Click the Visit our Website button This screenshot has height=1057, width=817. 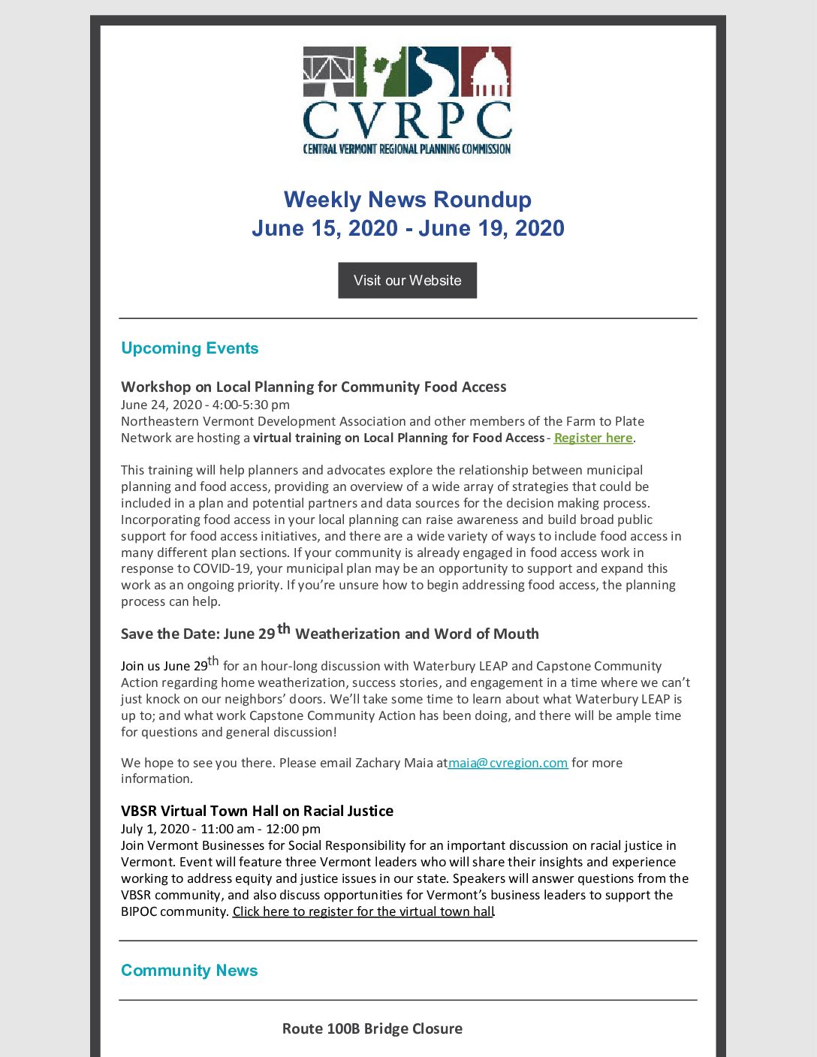pos(407,280)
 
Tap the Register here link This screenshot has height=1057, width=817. pos(593,438)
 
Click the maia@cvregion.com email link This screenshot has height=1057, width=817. pos(508,763)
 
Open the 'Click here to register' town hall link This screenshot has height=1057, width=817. pos(363,911)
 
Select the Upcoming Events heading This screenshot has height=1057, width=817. pos(189,348)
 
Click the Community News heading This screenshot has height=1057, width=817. pos(189,971)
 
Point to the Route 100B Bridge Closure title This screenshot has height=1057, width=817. pos(372,1028)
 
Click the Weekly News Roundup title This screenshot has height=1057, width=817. pos(407,200)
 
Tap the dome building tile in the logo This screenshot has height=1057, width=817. pos(486,72)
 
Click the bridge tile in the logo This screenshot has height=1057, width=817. pos(328,72)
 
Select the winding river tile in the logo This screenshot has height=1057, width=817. pos(433,72)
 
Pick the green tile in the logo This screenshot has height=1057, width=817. pos(381,72)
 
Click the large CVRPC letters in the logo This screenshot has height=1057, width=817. pos(407,120)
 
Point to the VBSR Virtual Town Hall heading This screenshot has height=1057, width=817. pos(257,811)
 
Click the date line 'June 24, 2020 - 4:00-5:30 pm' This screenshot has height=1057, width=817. pos(205,405)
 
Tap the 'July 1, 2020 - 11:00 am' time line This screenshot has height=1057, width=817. pos(221,829)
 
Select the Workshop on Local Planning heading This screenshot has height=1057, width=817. pos(313,387)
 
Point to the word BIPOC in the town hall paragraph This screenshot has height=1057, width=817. pos(141,911)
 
